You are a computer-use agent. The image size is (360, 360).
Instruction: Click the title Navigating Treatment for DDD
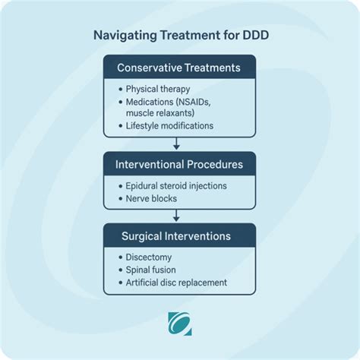[x=179, y=35]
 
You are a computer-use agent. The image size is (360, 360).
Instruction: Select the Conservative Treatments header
[x=179, y=68]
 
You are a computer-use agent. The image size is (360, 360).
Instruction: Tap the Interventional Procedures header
[x=179, y=164]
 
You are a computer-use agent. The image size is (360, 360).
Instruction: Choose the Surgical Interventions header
[x=179, y=236]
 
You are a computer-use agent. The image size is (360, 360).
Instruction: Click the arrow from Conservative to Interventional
[x=176, y=142]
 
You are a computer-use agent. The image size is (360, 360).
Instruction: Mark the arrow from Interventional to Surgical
[x=176, y=214]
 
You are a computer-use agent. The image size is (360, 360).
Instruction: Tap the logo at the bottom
[x=179, y=323]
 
